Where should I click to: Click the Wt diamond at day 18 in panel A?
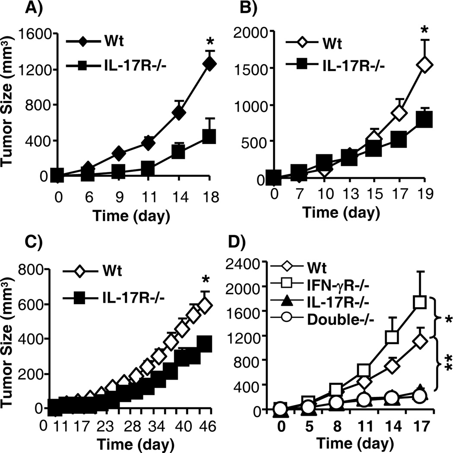[209, 64]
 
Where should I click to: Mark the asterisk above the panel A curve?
[210, 42]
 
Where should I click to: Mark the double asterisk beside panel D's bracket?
[442, 361]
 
